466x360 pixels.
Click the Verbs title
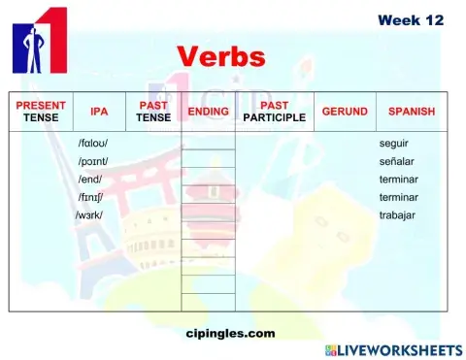[x=220, y=55]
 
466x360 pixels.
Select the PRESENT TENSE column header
[x=41, y=112]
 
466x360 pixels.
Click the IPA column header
[x=98, y=112]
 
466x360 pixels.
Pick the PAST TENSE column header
[x=153, y=112]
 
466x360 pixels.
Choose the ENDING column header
[x=208, y=112]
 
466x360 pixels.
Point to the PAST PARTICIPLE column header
[x=275, y=112]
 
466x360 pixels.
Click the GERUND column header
[x=345, y=112]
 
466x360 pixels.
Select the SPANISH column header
[x=411, y=112]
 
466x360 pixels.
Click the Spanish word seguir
[x=393, y=144]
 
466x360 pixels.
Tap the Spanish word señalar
[x=397, y=161]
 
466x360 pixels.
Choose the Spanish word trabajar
[x=397, y=214]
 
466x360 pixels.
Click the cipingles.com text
[x=230, y=333]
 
